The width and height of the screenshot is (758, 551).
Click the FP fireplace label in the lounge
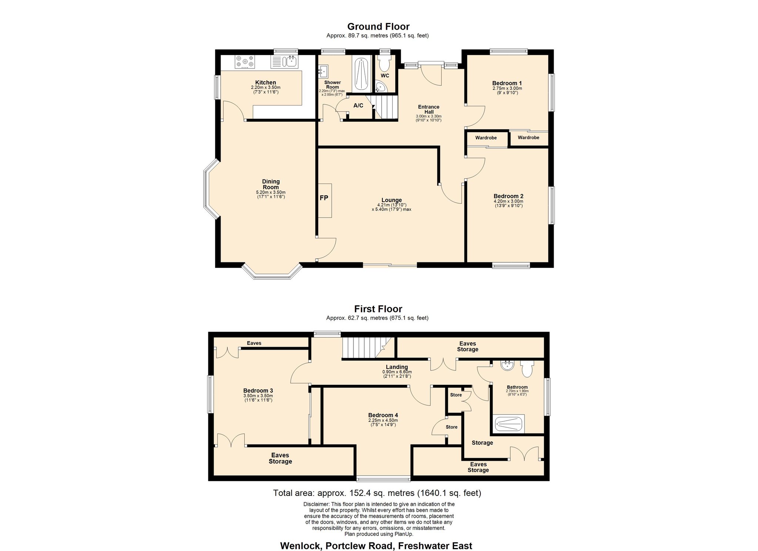point(324,198)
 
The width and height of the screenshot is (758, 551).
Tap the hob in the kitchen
point(245,62)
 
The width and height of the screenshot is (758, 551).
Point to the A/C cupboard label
point(358,105)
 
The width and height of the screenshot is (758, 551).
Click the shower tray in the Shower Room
point(361,74)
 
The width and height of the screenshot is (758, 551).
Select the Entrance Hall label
point(429,109)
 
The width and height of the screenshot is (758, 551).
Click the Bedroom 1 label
point(507,83)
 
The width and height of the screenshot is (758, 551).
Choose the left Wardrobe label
point(486,138)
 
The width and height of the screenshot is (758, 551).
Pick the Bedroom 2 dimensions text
point(508,204)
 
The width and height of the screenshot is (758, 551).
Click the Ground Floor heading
point(378,27)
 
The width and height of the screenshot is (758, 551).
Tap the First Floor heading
point(378,309)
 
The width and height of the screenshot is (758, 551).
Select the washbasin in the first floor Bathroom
point(507,366)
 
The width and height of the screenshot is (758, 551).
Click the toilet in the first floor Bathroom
point(527,368)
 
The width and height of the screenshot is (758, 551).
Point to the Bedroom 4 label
point(383,415)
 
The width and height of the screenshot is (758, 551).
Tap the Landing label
point(397,367)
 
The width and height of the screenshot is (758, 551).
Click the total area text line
point(377,493)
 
